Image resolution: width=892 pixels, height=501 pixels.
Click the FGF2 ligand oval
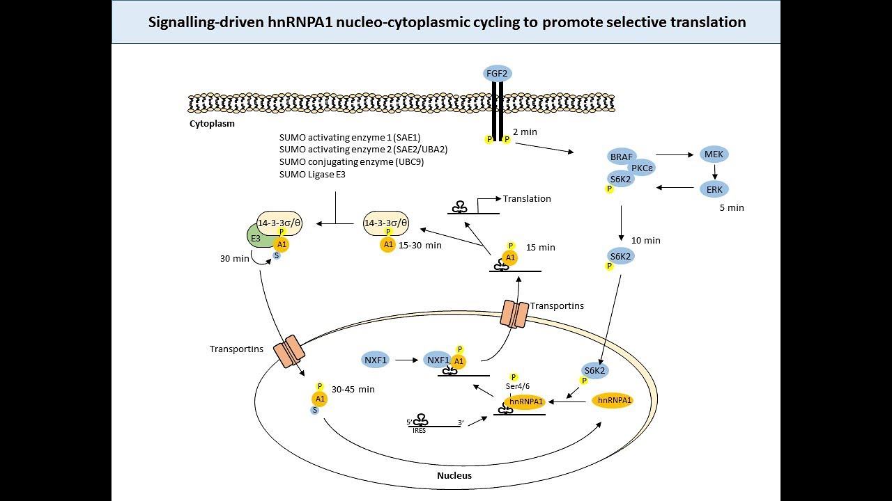click(498, 72)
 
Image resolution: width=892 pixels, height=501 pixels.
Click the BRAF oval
click(621, 157)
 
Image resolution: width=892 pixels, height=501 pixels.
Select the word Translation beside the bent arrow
click(527, 199)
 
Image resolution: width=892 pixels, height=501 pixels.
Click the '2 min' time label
click(525, 132)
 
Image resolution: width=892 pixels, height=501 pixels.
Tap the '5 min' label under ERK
click(732, 207)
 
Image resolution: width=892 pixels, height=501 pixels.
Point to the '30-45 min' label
click(353, 390)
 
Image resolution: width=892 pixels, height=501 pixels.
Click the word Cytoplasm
click(212, 124)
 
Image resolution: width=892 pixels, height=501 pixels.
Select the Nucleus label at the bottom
click(454, 476)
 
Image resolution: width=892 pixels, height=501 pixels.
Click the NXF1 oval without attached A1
click(376, 360)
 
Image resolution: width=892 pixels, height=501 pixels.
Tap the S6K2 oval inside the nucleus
click(594, 370)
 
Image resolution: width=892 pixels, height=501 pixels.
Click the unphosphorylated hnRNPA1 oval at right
click(614, 400)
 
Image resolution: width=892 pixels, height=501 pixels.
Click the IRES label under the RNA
click(420, 431)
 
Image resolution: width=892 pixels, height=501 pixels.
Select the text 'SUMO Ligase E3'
click(312, 174)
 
